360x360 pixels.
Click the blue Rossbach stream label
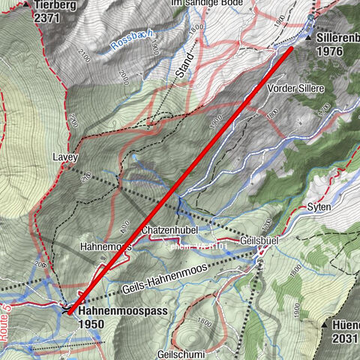[x=130, y=45]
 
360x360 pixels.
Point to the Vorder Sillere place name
[x=296, y=88]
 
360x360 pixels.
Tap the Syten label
[x=318, y=206]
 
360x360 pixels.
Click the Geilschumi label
[x=181, y=352]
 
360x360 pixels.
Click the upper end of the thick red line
[x=291, y=49]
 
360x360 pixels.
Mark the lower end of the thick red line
[x=70, y=312]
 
